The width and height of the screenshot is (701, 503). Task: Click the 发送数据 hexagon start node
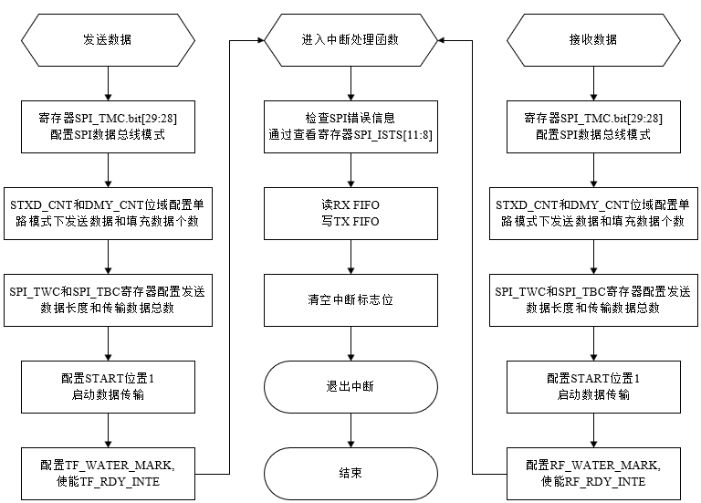point(108,40)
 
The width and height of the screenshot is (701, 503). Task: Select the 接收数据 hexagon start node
point(593,40)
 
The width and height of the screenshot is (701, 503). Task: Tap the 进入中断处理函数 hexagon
point(350,40)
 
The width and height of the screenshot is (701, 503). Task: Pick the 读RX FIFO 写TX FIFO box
point(350,213)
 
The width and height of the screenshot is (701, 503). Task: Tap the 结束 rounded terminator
point(350,472)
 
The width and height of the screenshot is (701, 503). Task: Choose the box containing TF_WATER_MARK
point(108,472)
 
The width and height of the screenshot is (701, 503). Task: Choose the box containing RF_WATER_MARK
point(593,472)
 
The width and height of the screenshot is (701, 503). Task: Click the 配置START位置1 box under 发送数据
point(108,385)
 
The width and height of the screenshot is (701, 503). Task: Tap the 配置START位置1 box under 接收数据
point(593,385)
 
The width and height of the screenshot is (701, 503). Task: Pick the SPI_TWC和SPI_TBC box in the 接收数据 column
point(593,299)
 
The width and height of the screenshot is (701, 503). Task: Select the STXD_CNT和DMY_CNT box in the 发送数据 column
point(108,213)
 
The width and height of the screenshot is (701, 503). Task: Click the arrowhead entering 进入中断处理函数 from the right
point(443,40)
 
